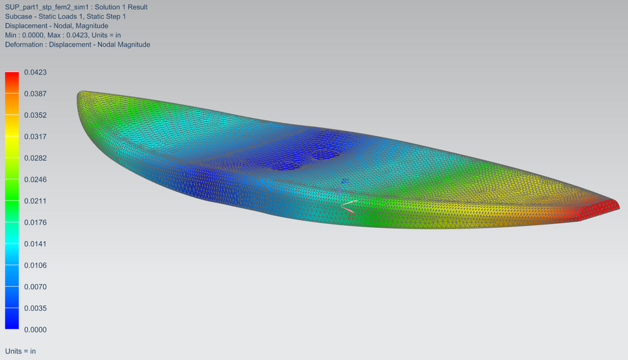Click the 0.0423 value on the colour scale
[35, 72]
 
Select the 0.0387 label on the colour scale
[35, 94]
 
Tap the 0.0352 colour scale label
[35, 115]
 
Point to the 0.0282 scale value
[35, 158]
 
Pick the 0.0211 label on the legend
[35, 201]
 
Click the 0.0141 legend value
[35, 243]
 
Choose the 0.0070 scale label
[35, 287]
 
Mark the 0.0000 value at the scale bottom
[35, 329]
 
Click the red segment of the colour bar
[12, 82]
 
